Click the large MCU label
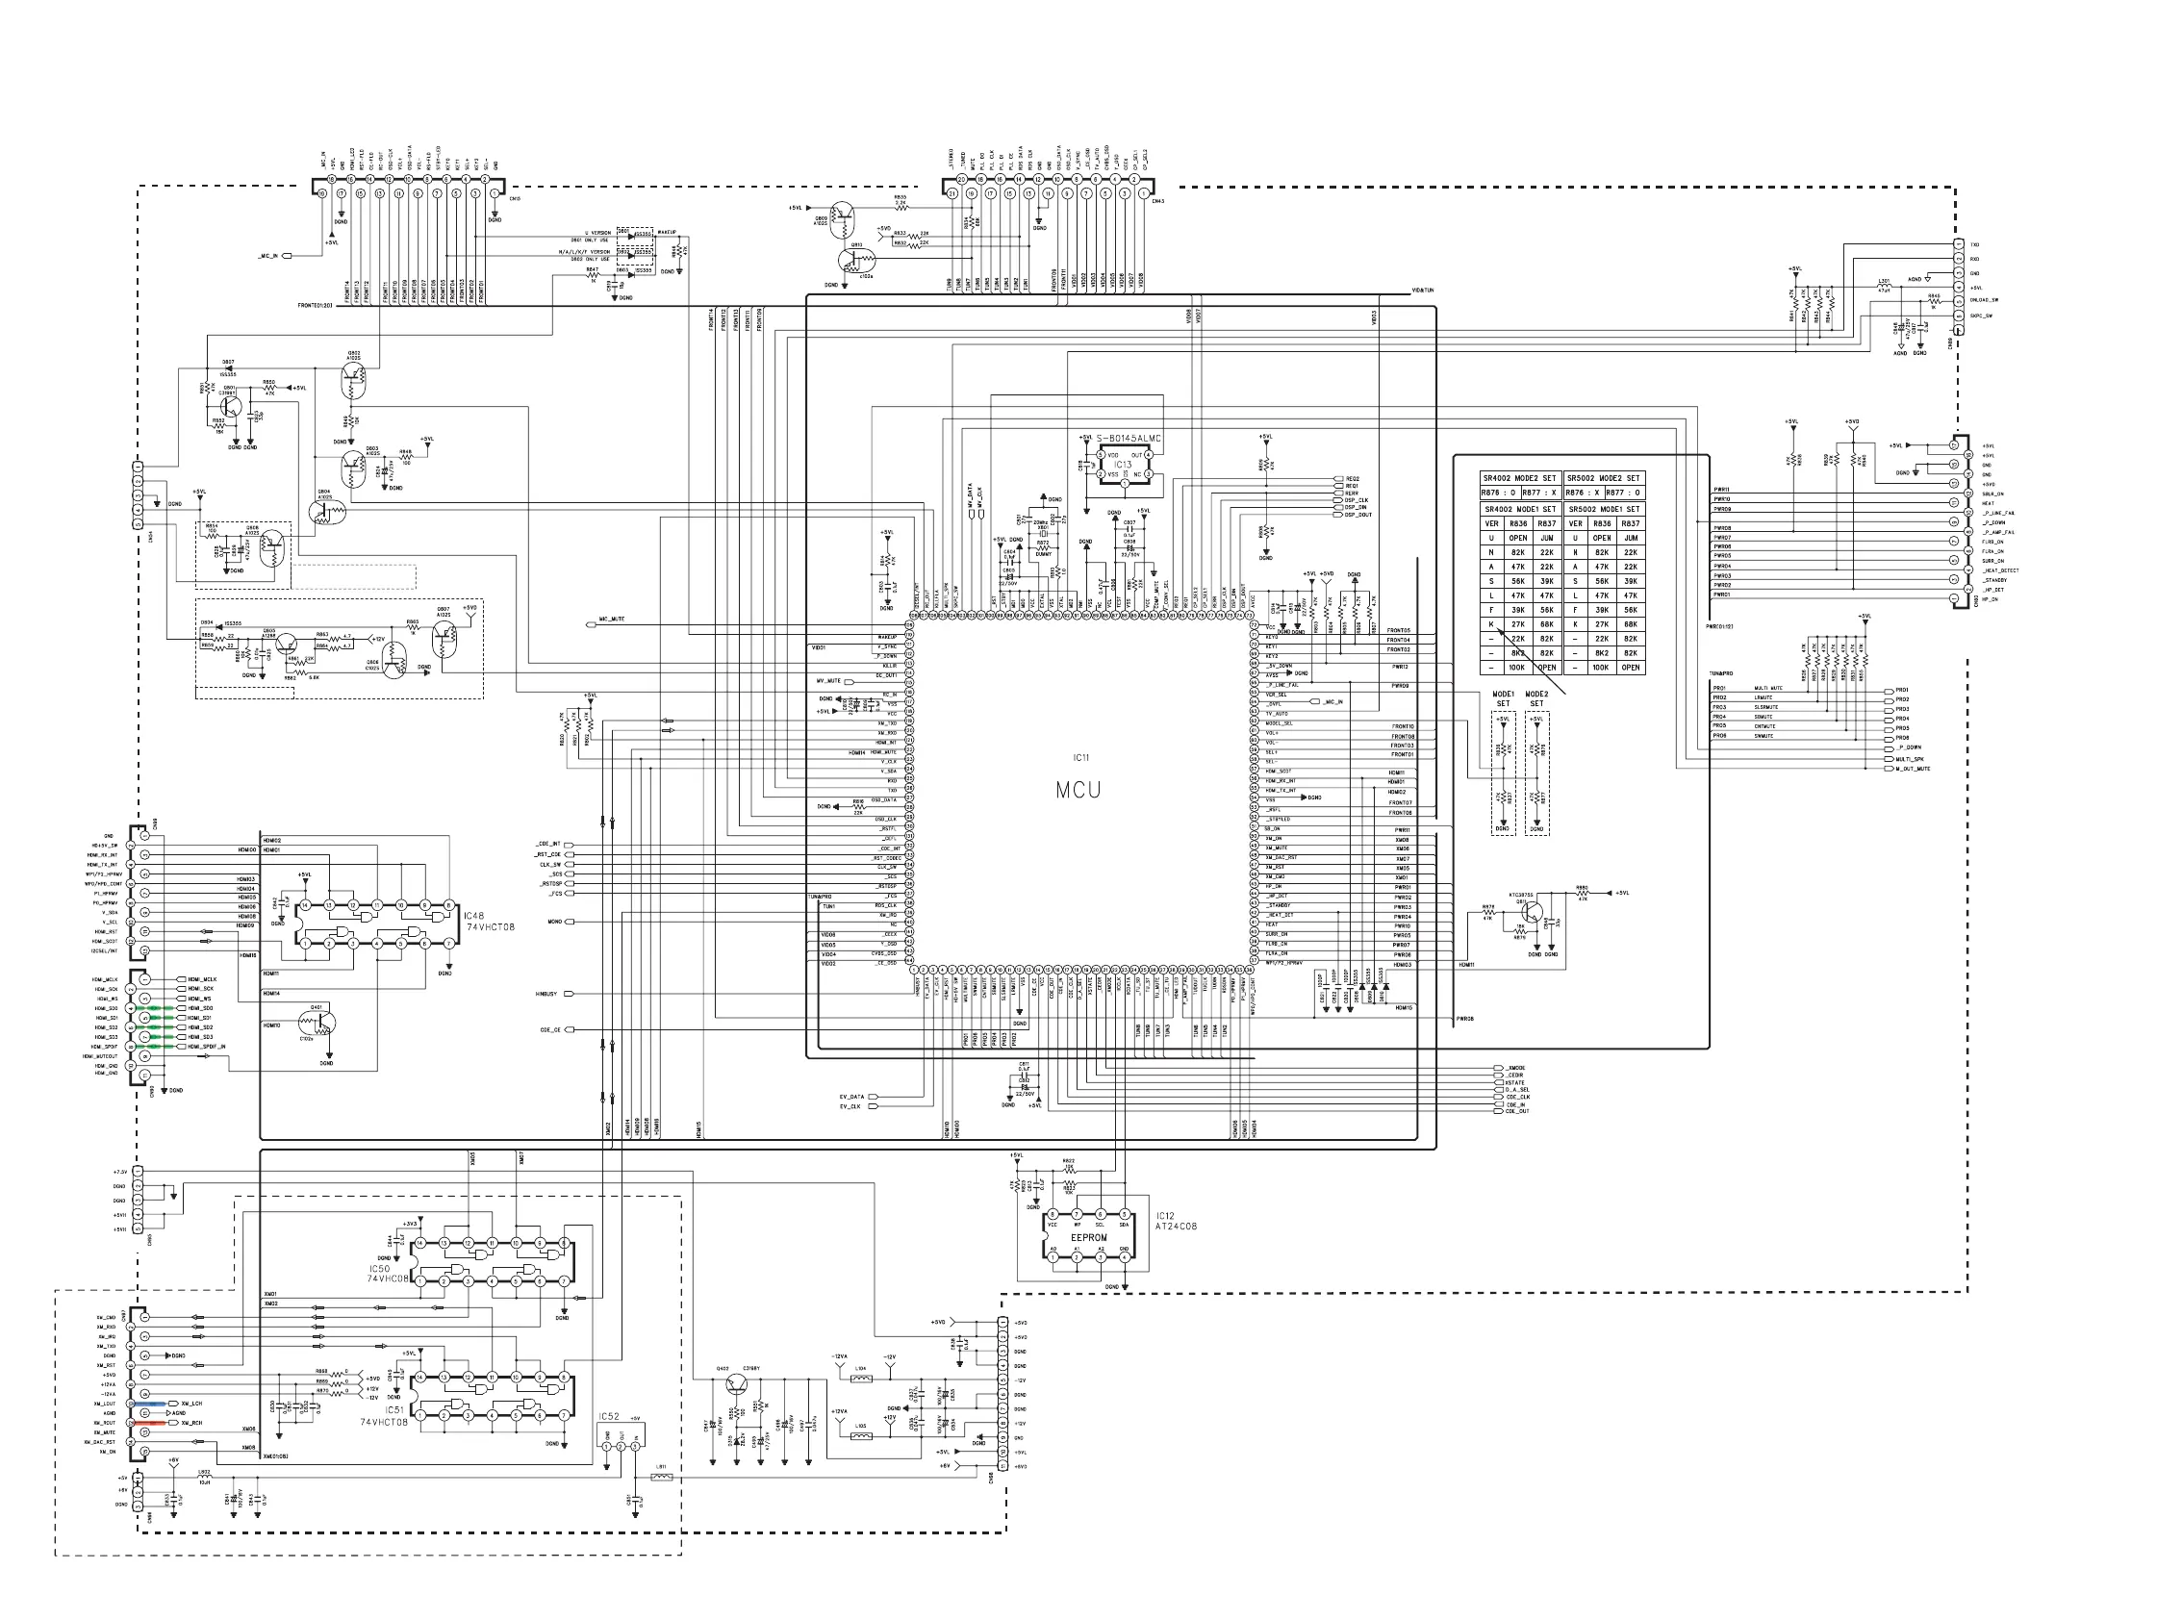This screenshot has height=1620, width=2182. click(1078, 790)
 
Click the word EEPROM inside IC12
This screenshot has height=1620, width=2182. click(1088, 1237)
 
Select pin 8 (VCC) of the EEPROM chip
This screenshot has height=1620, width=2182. click(1053, 1214)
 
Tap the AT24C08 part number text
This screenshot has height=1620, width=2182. click(1176, 1227)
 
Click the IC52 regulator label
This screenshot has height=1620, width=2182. click(609, 1417)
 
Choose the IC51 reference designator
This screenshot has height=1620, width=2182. click(394, 1410)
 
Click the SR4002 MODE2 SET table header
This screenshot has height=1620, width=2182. click(1519, 478)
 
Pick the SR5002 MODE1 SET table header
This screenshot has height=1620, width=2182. click(1603, 509)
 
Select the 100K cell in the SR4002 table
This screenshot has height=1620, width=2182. click(1517, 668)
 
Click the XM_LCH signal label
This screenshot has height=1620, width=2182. click(191, 1405)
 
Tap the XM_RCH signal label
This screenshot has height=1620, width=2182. click(191, 1423)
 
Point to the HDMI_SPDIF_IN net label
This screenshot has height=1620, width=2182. click(207, 1048)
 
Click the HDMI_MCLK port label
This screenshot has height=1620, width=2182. click(202, 979)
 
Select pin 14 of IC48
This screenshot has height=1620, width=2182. click(306, 905)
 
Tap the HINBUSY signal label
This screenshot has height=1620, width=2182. click(546, 995)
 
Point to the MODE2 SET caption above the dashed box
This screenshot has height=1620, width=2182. click(1536, 698)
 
